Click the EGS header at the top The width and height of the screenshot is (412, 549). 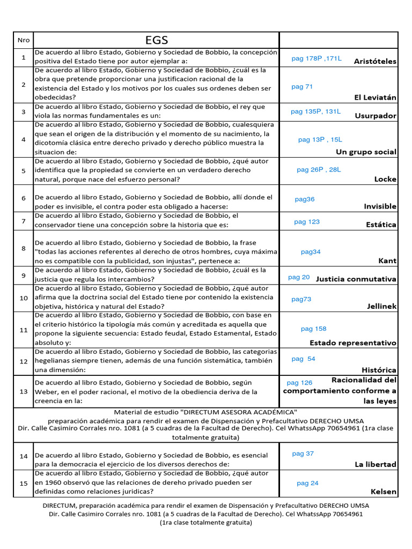(x=157, y=40)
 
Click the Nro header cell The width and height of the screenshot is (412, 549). (x=24, y=40)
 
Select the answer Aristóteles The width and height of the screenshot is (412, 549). (x=375, y=61)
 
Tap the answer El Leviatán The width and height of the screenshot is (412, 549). (x=375, y=98)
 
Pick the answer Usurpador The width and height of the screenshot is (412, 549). (x=376, y=116)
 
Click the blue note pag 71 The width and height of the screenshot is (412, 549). (x=302, y=87)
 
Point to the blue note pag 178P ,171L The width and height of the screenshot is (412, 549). (x=316, y=58)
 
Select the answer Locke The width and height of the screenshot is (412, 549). (x=385, y=179)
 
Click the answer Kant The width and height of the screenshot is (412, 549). (x=387, y=261)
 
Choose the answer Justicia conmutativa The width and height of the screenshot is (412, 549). (x=356, y=279)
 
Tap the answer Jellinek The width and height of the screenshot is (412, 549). (x=381, y=306)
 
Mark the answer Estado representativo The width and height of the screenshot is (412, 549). (x=352, y=343)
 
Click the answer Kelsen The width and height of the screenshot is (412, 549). (x=384, y=492)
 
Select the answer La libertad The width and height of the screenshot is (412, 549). (x=376, y=464)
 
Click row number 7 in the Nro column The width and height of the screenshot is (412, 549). (x=24, y=221)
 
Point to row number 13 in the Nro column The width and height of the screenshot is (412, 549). (x=24, y=391)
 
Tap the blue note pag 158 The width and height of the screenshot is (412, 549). (x=313, y=329)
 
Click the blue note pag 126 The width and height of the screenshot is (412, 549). (x=299, y=383)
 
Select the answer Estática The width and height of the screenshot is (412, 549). (x=381, y=225)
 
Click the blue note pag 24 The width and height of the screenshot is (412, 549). (x=307, y=483)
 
